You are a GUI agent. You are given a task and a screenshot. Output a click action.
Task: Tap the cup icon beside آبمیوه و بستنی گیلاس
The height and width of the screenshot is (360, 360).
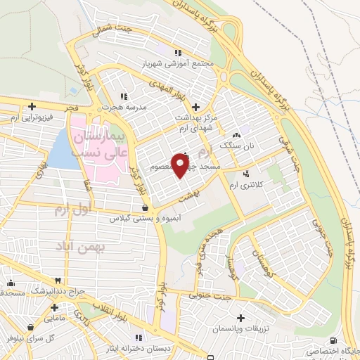pyautogui.click(x=144, y=208)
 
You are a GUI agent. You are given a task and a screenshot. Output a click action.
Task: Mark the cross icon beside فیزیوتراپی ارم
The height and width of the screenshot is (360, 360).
pyautogui.click(x=31, y=107)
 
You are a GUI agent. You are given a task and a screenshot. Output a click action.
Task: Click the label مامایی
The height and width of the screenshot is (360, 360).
pyautogui.click(x=54, y=319)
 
